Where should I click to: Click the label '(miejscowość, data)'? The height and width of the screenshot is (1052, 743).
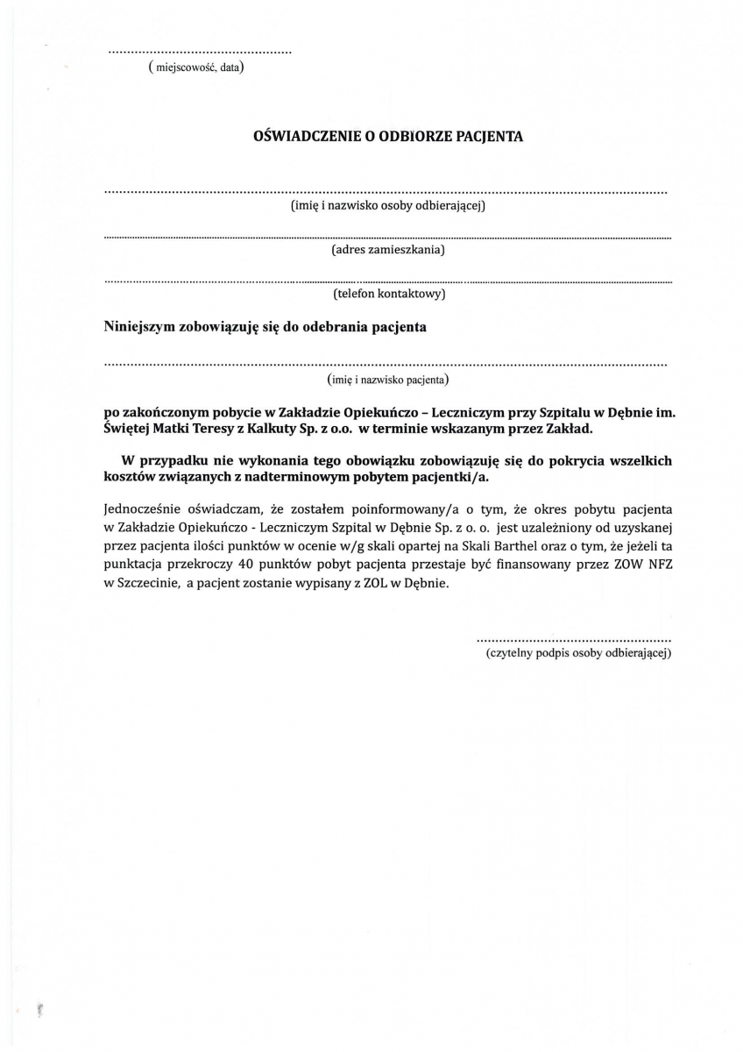[196, 68]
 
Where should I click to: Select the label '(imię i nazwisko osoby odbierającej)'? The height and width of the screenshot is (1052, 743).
[388, 206]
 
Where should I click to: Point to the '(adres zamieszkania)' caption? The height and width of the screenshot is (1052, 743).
[388, 251]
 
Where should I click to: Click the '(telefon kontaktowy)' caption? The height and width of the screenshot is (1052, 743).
[388, 294]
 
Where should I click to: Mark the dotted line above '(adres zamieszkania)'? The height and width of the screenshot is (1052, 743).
[388, 237]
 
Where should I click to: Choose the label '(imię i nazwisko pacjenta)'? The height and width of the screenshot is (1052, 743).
[388, 380]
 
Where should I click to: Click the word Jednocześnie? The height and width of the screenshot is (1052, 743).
[143, 508]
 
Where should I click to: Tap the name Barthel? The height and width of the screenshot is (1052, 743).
[479, 546]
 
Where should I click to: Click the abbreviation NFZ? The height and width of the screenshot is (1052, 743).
[657, 565]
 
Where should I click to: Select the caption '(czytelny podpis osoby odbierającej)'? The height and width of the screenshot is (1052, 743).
[578, 654]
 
